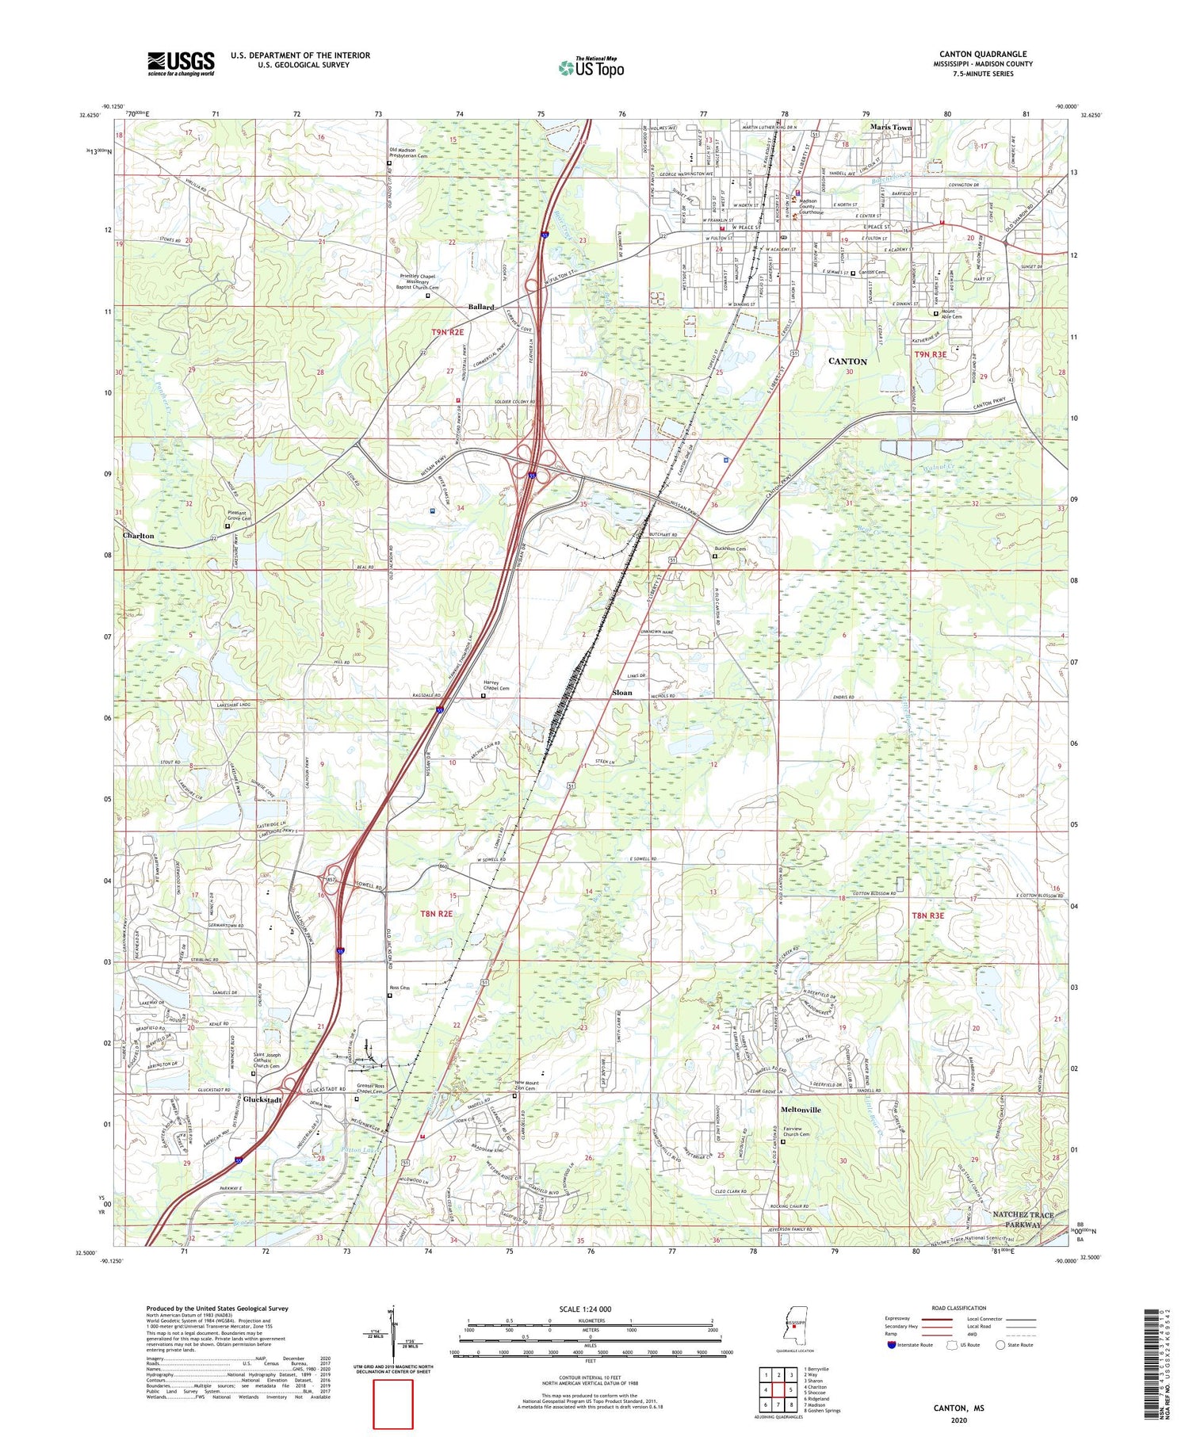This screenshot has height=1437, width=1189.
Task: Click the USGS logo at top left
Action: coord(181,63)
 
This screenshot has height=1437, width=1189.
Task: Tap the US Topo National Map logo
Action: coord(591,67)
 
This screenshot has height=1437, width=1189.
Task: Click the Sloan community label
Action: coord(622,693)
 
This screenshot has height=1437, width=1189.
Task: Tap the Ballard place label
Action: coord(481,307)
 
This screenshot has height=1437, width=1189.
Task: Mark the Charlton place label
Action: coord(139,536)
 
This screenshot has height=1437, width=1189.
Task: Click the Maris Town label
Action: coord(891,127)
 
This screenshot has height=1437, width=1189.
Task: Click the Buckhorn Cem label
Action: coord(730,548)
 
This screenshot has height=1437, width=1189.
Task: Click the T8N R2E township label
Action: coord(436,914)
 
